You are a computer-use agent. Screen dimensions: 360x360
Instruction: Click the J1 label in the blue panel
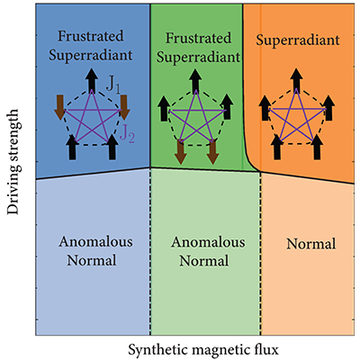tap(112, 85)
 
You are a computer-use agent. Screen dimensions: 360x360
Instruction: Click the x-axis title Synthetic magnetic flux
tap(203, 350)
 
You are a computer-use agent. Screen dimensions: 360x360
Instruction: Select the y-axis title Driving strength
tap(13, 162)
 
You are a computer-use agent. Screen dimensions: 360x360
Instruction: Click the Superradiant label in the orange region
tap(298, 40)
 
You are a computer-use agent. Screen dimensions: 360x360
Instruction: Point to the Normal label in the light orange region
tap(311, 244)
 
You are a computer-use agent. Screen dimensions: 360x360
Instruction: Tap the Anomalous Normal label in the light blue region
tap(95, 251)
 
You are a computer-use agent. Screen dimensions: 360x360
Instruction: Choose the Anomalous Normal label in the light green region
tap(208, 251)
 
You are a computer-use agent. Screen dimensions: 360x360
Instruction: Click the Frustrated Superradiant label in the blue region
tap(90, 46)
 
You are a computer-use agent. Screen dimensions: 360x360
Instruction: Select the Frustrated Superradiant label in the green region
tap(198, 48)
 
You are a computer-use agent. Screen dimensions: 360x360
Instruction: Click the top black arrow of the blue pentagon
tap(92, 80)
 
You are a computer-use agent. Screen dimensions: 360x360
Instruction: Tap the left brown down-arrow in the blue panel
tap(59, 107)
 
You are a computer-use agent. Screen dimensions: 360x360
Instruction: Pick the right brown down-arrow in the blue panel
tap(124, 107)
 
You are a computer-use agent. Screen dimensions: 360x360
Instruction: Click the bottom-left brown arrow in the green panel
tap(180, 152)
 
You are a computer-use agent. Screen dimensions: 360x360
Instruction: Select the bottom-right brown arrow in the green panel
tap(212, 152)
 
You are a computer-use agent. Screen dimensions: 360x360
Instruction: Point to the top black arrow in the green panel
tap(195, 81)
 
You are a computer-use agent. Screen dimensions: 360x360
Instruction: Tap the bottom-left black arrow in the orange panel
tap(277, 147)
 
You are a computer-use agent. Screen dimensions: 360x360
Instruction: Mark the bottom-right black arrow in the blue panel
tap(112, 147)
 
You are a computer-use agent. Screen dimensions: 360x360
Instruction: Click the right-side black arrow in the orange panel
tap(328, 108)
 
